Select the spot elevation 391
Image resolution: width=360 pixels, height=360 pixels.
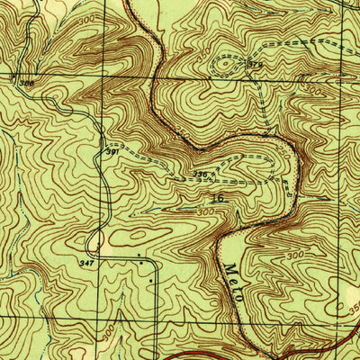(111, 152)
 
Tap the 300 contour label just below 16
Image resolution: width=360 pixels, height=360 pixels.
(207, 211)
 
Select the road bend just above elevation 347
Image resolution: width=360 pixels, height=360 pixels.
(93, 241)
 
